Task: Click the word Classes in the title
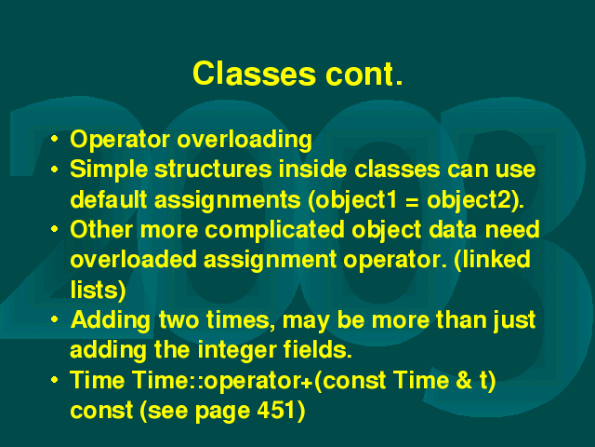click(254, 74)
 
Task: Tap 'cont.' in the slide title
click(364, 74)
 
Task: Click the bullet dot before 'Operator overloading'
click(55, 139)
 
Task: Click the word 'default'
click(109, 199)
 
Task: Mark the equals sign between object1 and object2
click(412, 201)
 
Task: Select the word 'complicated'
click(275, 231)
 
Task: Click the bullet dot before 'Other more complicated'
click(55, 229)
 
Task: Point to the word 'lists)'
click(98, 290)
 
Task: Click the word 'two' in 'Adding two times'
click(178, 320)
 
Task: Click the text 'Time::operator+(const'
click(259, 381)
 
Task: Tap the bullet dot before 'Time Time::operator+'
click(55, 380)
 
